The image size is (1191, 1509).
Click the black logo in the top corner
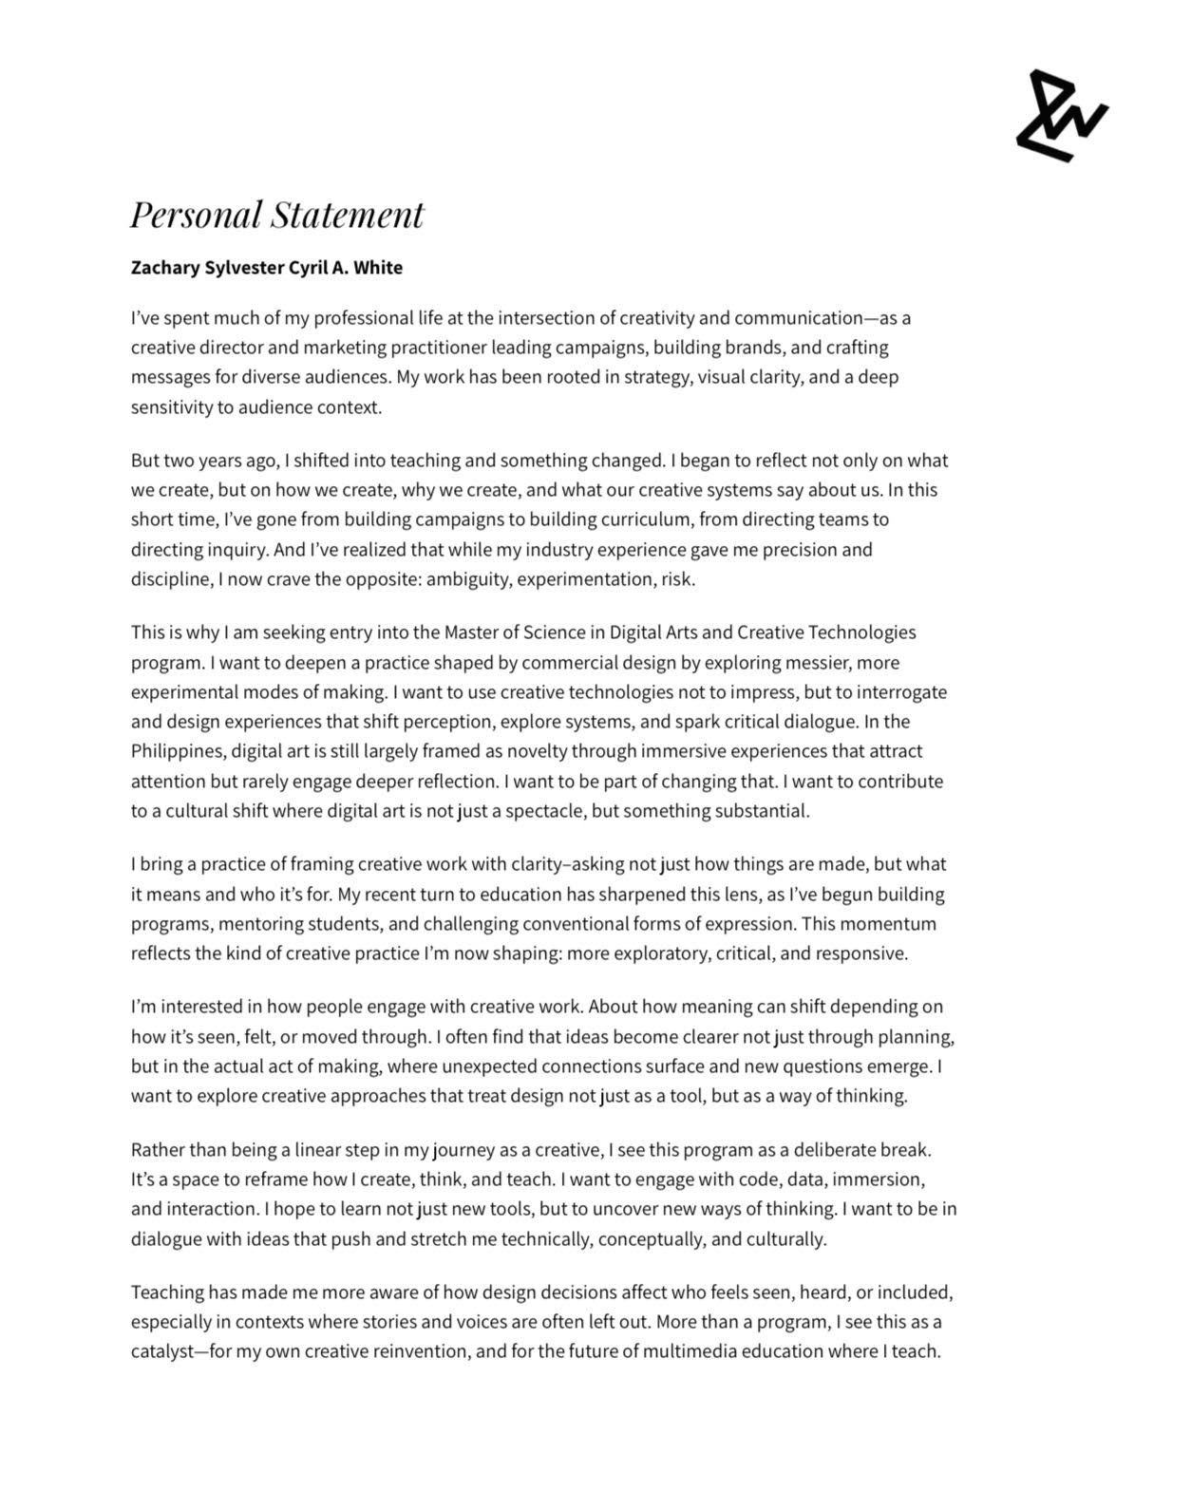tap(1061, 116)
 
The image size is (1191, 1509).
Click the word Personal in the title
tap(196, 215)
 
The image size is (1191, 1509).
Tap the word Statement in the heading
tap(348, 215)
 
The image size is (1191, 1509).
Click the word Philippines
tap(178, 751)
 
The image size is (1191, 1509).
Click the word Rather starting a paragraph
tap(158, 1150)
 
